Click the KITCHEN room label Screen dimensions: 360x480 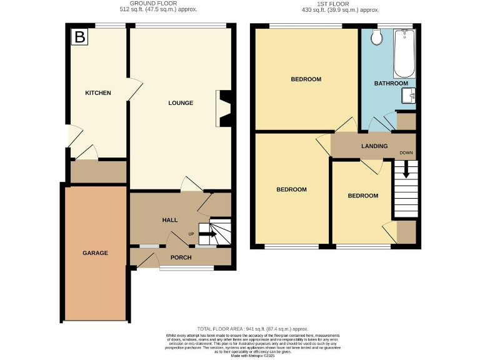point(98,93)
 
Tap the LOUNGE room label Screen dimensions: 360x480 point(180,102)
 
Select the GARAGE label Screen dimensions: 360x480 point(96,253)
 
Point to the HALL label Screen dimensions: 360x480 point(170,220)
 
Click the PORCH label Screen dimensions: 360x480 point(181,257)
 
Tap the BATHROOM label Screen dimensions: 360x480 point(391,83)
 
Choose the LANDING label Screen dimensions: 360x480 point(374,146)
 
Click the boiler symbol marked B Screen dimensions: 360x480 point(79,37)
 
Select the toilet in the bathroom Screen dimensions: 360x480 point(376,38)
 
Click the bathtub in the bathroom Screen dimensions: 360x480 point(404,52)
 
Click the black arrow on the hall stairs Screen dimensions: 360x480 point(209,234)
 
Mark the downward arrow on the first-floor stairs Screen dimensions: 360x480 point(405,169)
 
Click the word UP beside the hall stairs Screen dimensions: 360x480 point(192,234)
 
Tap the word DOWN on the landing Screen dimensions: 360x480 point(406,152)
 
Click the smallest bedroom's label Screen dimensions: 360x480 point(363,196)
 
